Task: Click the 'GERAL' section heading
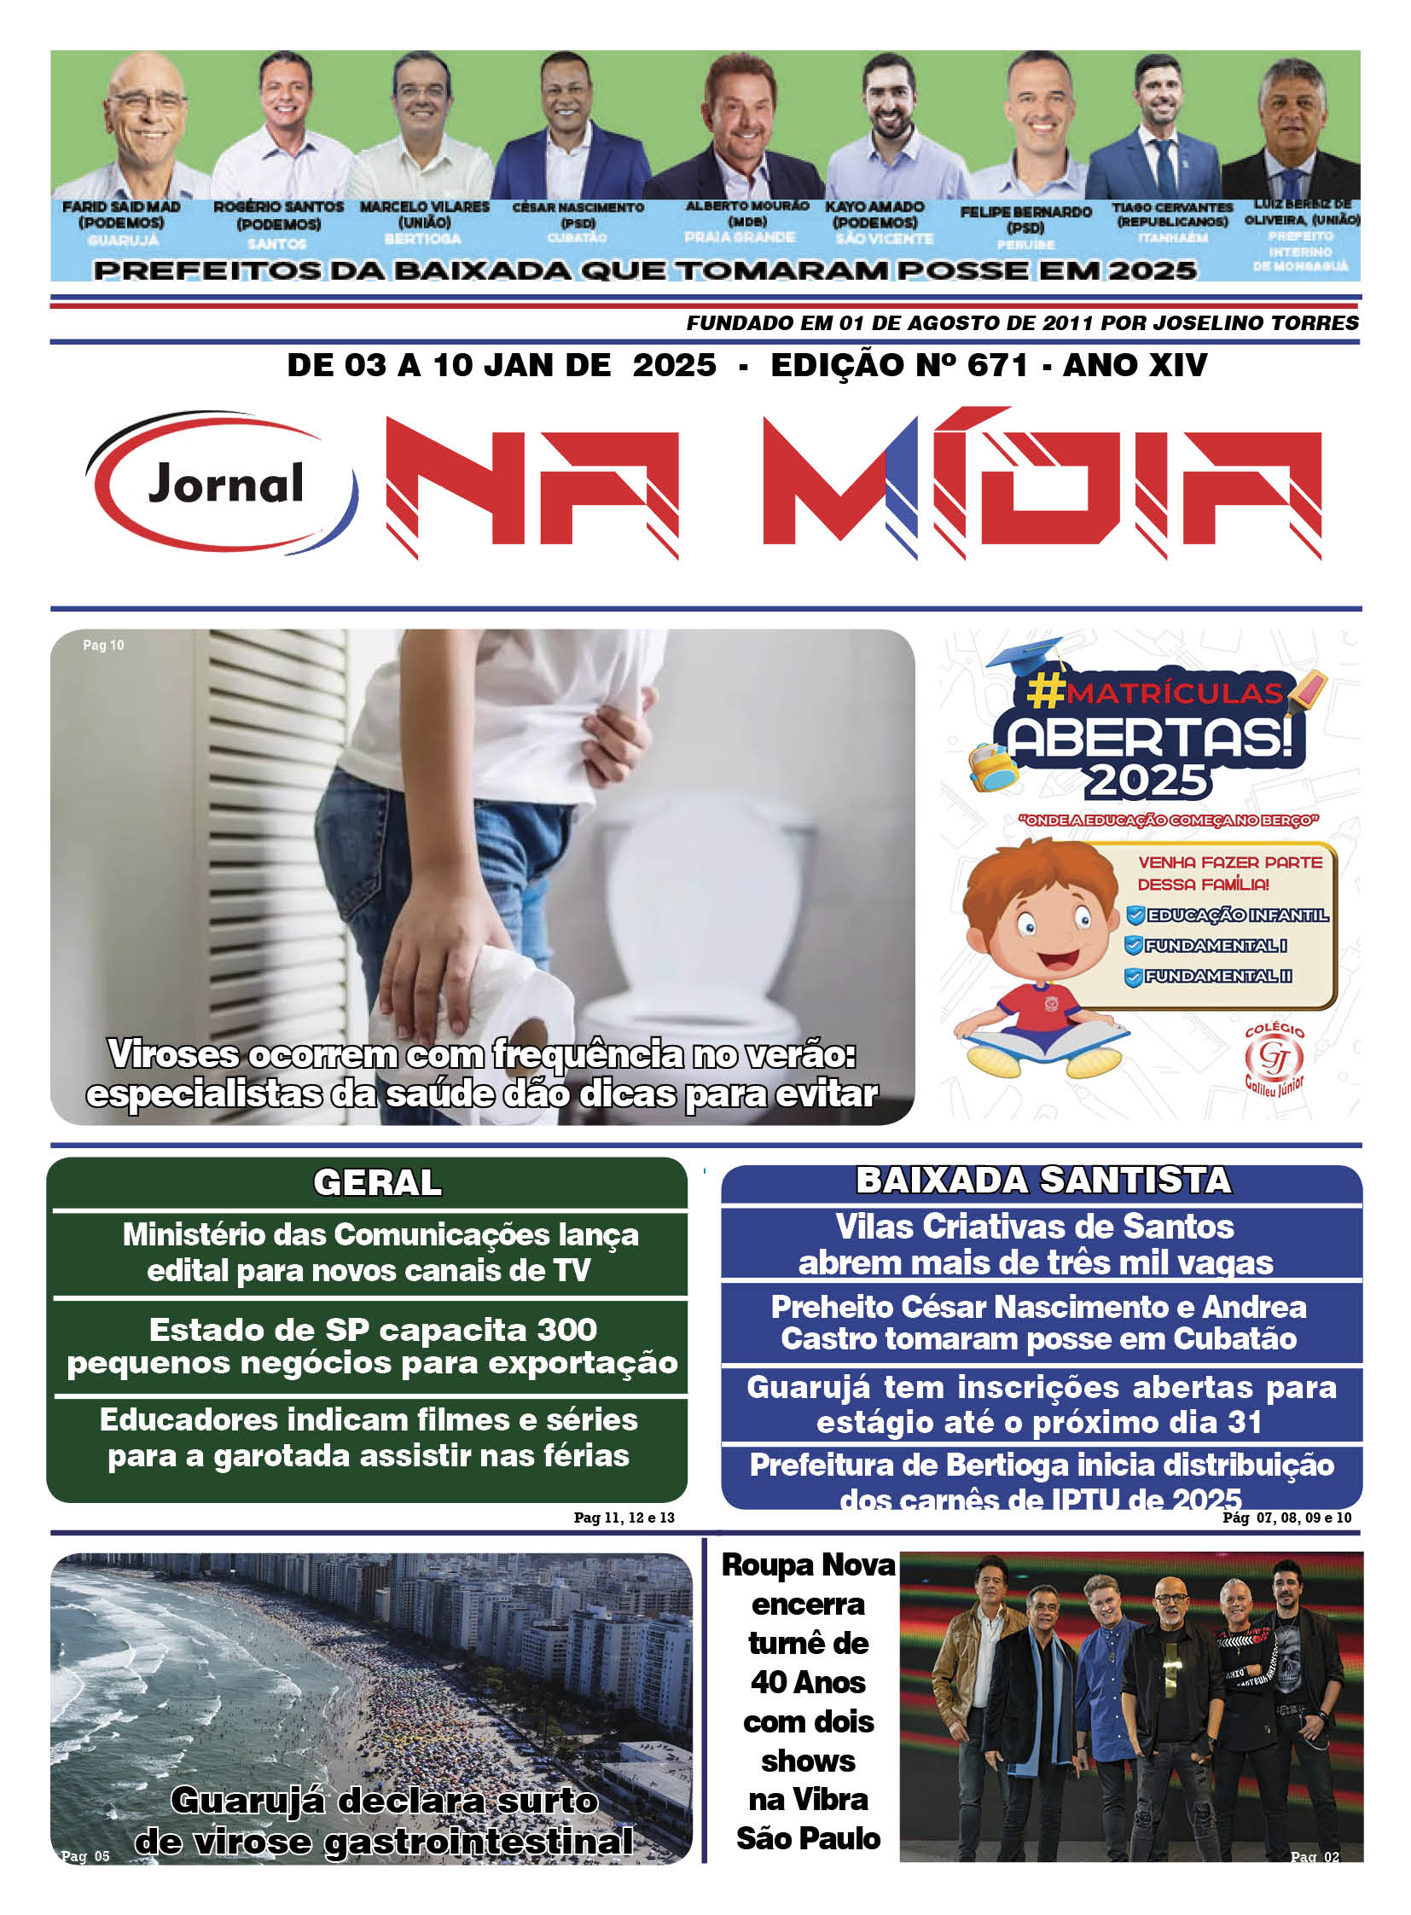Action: pyautogui.click(x=377, y=1183)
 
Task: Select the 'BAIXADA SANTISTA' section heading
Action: pyautogui.click(x=1042, y=1181)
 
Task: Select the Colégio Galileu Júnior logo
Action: pyautogui.click(x=1274, y=1060)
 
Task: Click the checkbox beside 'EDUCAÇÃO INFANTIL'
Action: pyautogui.click(x=1135, y=915)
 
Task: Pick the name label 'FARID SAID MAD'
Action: pyautogui.click(x=121, y=207)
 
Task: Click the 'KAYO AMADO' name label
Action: pyautogui.click(x=874, y=207)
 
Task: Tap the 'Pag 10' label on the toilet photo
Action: pyautogui.click(x=103, y=646)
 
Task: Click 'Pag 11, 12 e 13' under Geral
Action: pyautogui.click(x=624, y=1517)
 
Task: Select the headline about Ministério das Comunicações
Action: pyautogui.click(x=380, y=1252)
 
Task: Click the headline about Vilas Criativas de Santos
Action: pyautogui.click(x=1035, y=1245)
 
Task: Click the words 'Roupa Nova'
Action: pyautogui.click(x=808, y=1564)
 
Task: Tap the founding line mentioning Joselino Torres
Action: pyautogui.click(x=1021, y=323)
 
